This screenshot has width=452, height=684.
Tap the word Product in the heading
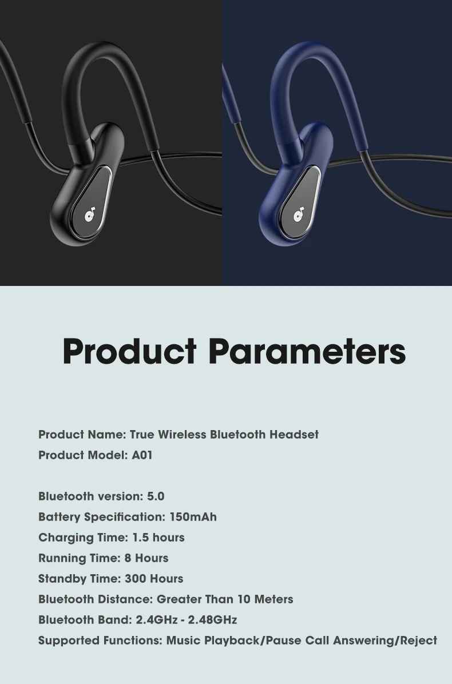(130, 351)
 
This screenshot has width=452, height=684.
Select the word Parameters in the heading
(307, 351)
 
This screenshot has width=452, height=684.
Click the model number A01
(142, 455)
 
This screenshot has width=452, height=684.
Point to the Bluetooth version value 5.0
(156, 496)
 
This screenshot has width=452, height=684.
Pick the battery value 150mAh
(193, 517)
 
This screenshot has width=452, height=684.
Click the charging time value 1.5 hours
(158, 538)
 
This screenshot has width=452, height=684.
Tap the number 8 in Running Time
(128, 558)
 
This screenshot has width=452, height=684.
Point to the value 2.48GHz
(212, 620)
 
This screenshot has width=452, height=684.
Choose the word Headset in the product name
(294, 435)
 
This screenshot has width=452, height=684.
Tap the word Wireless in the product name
(182, 435)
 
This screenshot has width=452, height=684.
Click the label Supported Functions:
(100, 641)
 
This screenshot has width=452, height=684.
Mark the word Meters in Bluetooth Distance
(273, 599)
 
